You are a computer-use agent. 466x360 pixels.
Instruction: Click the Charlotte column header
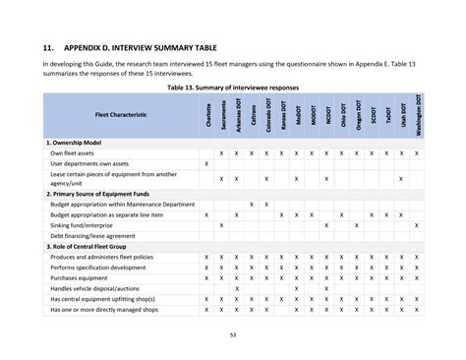(x=206, y=115)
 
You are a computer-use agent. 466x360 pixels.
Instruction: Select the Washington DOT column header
(x=417, y=115)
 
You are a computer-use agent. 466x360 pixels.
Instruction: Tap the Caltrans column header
(x=252, y=115)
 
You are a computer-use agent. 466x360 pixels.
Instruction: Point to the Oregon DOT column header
(x=357, y=115)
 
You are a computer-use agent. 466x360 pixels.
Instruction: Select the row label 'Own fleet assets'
(x=72, y=153)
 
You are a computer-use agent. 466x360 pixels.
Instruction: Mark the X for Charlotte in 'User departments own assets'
(x=206, y=164)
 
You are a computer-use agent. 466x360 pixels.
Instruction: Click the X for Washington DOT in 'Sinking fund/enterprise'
(x=417, y=225)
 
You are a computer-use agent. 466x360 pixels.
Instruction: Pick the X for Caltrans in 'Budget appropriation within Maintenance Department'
(x=252, y=204)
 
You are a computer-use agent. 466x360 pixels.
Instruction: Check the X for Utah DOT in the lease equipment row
(x=401, y=178)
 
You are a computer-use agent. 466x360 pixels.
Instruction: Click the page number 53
(x=232, y=337)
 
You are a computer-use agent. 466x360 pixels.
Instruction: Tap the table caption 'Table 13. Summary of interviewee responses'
(x=233, y=88)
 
